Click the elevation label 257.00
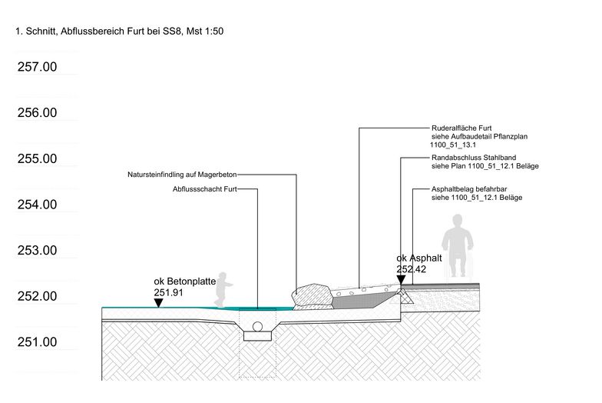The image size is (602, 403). [37, 67]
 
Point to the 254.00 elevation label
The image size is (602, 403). [37, 205]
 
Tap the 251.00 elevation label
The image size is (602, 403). [37, 341]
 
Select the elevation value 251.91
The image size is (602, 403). [169, 292]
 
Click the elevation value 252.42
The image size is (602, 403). [412, 269]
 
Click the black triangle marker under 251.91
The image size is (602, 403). [158, 303]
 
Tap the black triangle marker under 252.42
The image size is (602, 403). [401, 280]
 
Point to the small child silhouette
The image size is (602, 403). [223, 289]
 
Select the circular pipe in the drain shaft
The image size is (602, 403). [258, 327]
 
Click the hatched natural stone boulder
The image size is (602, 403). [312, 295]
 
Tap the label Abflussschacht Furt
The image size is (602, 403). [204, 189]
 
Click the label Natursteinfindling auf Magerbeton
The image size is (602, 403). [182, 175]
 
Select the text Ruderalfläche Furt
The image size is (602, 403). [461, 128]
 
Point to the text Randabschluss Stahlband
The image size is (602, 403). [474, 158]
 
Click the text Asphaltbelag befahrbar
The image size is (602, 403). [469, 189]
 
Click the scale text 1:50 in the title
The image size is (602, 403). [214, 32]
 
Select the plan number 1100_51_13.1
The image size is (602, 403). [453, 145]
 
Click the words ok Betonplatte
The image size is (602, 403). [185, 281]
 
